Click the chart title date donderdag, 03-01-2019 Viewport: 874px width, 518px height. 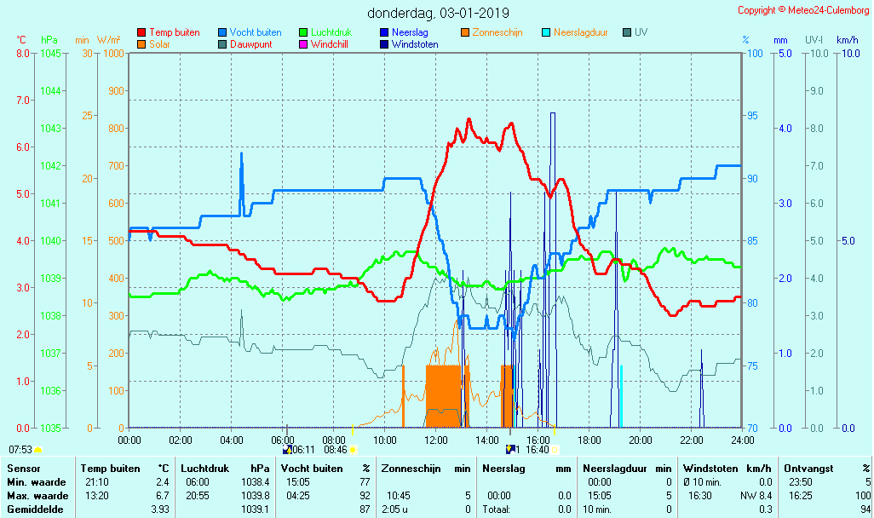click(x=438, y=13)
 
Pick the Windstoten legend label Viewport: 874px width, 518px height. click(x=415, y=44)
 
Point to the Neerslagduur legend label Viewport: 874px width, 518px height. click(x=581, y=32)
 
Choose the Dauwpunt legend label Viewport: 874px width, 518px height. click(x=250, y=44)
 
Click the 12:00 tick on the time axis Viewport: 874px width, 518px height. click(x=436, y=440)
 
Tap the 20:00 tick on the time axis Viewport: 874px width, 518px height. click(x=641, y=440)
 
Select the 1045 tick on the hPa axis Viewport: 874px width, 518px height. click(x=50, y=54)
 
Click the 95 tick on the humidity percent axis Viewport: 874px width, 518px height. click(x=752, y=116)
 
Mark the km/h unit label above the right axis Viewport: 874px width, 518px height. click(x=847, y=40)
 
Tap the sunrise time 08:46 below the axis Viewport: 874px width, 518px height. click(x=336, y=450)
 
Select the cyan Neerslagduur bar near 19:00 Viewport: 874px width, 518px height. click(x=621, y=396)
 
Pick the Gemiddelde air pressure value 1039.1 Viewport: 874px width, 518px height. click(x=256, y=509)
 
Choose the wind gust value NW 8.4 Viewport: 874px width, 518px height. click(x=758, y=496)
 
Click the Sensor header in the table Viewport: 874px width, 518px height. click(x=23, y=469)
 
